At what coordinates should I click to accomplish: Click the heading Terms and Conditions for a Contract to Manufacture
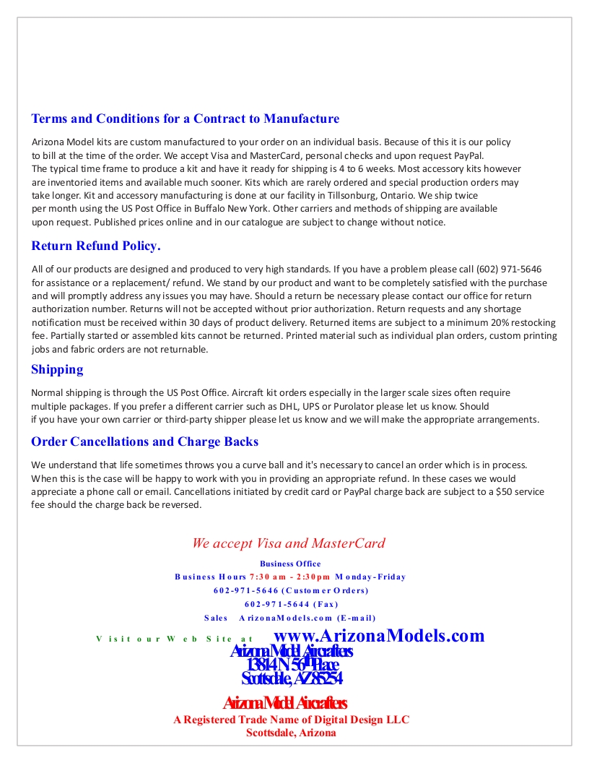185,118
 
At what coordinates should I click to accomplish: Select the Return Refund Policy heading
96,246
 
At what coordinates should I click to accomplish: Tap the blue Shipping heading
57,369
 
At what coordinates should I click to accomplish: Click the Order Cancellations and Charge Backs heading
144,441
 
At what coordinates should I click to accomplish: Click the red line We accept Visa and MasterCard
289,543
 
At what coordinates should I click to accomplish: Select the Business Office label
290,564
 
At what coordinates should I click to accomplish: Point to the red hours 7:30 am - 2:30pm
290,577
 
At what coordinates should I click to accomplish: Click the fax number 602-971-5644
271,604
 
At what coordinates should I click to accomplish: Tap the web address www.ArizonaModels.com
380,636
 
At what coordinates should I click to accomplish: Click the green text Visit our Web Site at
175,639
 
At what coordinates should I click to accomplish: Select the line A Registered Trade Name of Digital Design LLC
291,720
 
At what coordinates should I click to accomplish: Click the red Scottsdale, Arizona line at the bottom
291,733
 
